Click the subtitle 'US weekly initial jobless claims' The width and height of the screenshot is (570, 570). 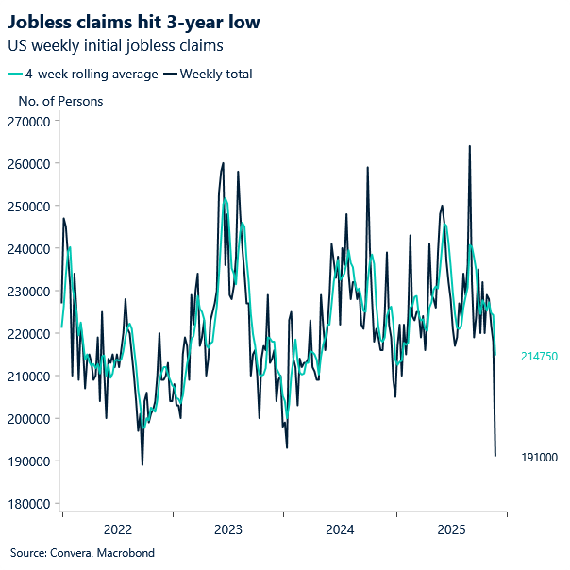pos(115,45)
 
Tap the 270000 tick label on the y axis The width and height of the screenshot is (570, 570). pos(29,122)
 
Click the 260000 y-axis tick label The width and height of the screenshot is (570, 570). pos(29,164)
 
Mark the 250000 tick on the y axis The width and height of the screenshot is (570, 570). pos(29,207)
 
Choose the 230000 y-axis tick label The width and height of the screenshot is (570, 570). pos(29,292)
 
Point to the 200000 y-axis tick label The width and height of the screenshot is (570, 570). pos(29,419)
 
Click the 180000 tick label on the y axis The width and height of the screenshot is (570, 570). pos(29,504)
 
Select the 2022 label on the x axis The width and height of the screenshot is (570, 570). pos(117,529)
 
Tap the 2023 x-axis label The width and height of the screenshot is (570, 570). pos(228,529)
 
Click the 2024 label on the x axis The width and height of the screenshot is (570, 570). pos(340,529)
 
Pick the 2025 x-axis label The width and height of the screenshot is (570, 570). pos(451,529)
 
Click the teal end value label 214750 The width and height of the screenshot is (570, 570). pos(540,357)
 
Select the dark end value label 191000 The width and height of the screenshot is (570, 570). pos(540,458)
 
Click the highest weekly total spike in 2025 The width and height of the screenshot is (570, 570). pos(470,147)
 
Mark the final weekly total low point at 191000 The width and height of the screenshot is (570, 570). pos(495,456)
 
